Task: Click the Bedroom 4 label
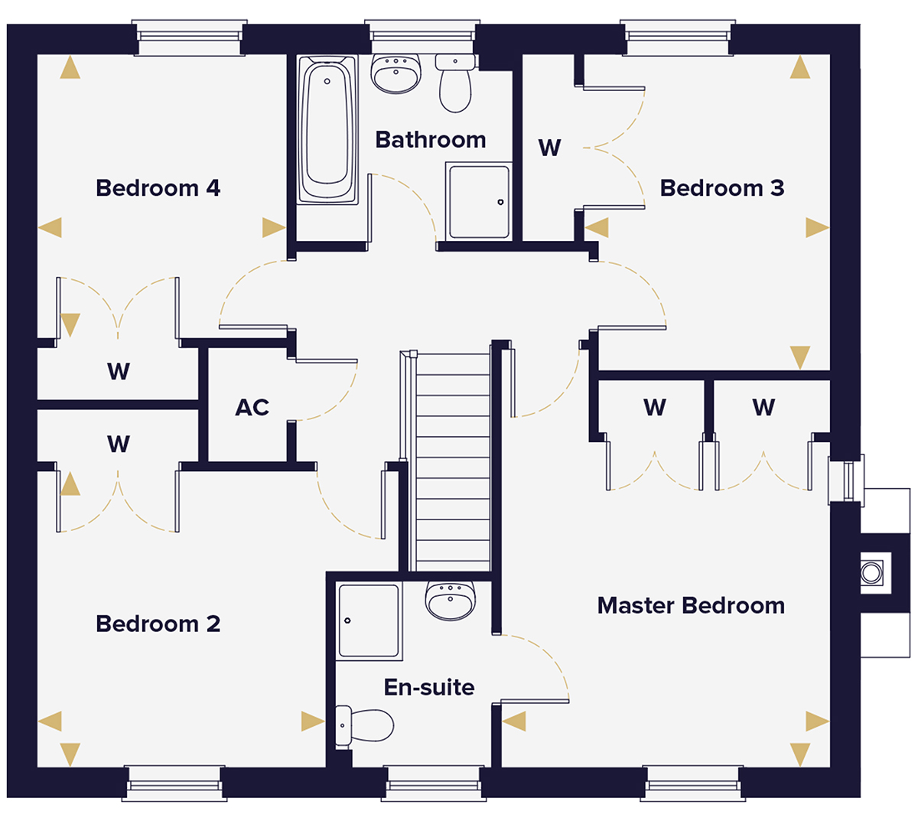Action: click(158, 188)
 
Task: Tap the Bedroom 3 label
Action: click(722, 188)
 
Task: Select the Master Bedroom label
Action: click(691, 605)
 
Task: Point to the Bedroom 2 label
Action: click(158, 624)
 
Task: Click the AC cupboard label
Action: click(252, 408)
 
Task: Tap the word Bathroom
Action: click(431, 139)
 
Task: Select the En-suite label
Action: click(429, 687)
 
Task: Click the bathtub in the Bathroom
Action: click(327, 129)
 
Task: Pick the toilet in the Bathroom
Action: click(455, 83)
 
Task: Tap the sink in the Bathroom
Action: click(396, 74)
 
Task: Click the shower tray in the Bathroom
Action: click(478, 202)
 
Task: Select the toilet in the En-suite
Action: click(364, 725)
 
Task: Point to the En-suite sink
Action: click(450, 601)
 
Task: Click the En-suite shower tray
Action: click(369, 621)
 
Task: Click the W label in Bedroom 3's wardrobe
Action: click(549, 148)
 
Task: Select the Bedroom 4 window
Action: click(190, 37)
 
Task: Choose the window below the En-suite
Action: click(434, 783)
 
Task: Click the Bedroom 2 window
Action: click(174, 783)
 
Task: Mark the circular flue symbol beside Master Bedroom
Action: click(871, 572)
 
